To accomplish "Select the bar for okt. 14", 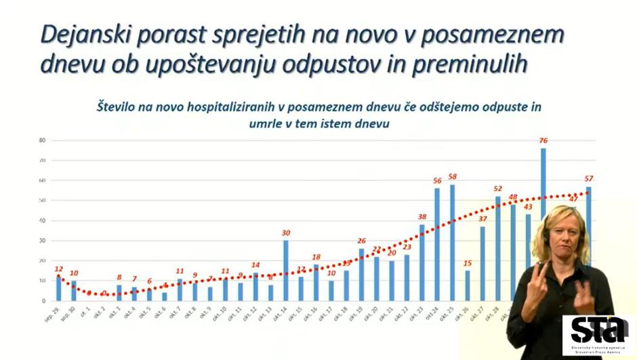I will tap(286, 271).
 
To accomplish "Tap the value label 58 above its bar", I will tap(452, 177).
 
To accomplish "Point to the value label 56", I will tap(437, 181).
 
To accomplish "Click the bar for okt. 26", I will tap(468, 285).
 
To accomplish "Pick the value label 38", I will tap(422, 218).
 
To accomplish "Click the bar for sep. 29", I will tap(59, 288).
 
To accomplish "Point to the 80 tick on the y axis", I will tap(42, 141).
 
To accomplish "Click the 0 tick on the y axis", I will tap(43, 301).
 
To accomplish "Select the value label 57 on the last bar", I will tap(590, 179).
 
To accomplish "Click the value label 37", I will tap(482, 219).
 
